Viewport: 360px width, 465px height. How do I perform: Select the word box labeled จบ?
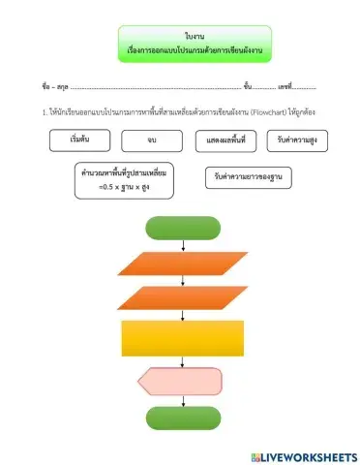[152, 141]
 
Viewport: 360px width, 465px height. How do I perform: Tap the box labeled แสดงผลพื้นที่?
[225, 141]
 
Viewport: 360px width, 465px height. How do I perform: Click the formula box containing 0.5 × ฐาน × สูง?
[125, 180]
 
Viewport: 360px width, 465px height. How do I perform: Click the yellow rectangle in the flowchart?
[183, 339]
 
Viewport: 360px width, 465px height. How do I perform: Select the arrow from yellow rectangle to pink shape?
[183, 362]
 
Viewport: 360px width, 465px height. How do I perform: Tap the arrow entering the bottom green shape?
[183, 400]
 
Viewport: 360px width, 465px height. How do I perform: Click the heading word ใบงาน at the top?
[181, 35]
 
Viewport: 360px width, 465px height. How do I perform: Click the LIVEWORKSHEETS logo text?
[310, 455]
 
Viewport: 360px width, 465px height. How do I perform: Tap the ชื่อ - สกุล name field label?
[55, 86]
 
